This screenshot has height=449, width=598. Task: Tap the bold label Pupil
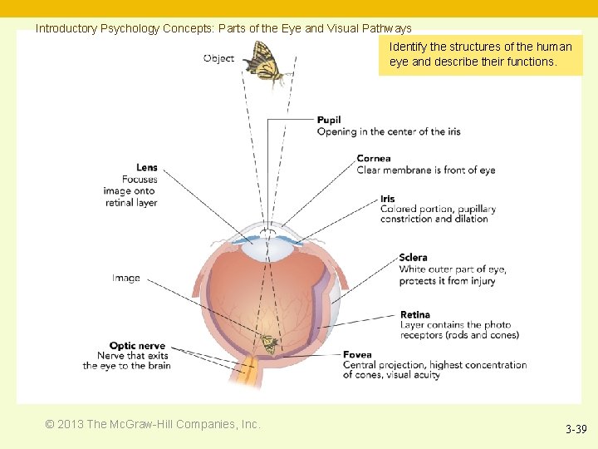pyautogui.click(x=329, y=121)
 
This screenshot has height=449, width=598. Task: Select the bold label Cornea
pyautogui.click(x=374, y=159)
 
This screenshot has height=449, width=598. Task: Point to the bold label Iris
pyautogui.click(x=388, y=199)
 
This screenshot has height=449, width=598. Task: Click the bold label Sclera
pyautogui.click(x=413, y=259)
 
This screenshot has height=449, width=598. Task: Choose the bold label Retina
pyautogui.click(x=415, y=315)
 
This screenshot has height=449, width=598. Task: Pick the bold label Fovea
pyautogui.click(x=357, y=355)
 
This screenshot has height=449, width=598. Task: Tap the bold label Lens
pyautogui.click(x=147, y=168)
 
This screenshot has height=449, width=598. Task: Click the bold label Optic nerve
pyautogui.click(x=137, y=346)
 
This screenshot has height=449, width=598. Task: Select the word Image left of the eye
pyautogui.click(x=126, y=279)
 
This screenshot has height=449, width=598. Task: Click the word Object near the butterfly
pyautogui.click(x=218, y=59)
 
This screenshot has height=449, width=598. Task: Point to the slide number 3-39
pyautogui.click(x=576, y=430)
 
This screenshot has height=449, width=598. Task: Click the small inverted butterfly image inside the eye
pyautogui.click(x=268, y=343)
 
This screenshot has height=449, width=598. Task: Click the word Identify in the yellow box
pyautogui.click(x=407, y=47)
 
